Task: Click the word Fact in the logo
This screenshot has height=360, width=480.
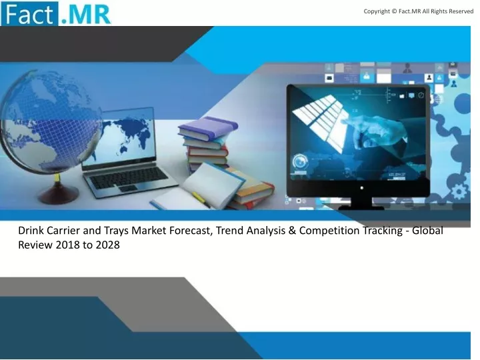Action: click(29, 14)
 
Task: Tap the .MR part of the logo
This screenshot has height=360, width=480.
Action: click(86, 15)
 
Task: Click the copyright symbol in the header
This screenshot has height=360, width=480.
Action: click(394, 11)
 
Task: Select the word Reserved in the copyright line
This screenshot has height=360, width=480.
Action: click(461, 11)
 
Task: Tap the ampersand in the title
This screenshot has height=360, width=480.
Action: click(292, 231)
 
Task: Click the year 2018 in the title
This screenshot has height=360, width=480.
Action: click(67, 245)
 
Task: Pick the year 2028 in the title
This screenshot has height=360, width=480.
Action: click(108, 245)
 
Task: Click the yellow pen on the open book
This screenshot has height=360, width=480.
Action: click(199, 199)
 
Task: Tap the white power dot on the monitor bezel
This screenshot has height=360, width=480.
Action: click(362, 187)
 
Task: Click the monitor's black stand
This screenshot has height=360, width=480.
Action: click(361, 203)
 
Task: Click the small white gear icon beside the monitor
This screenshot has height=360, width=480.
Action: click(459, 192)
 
